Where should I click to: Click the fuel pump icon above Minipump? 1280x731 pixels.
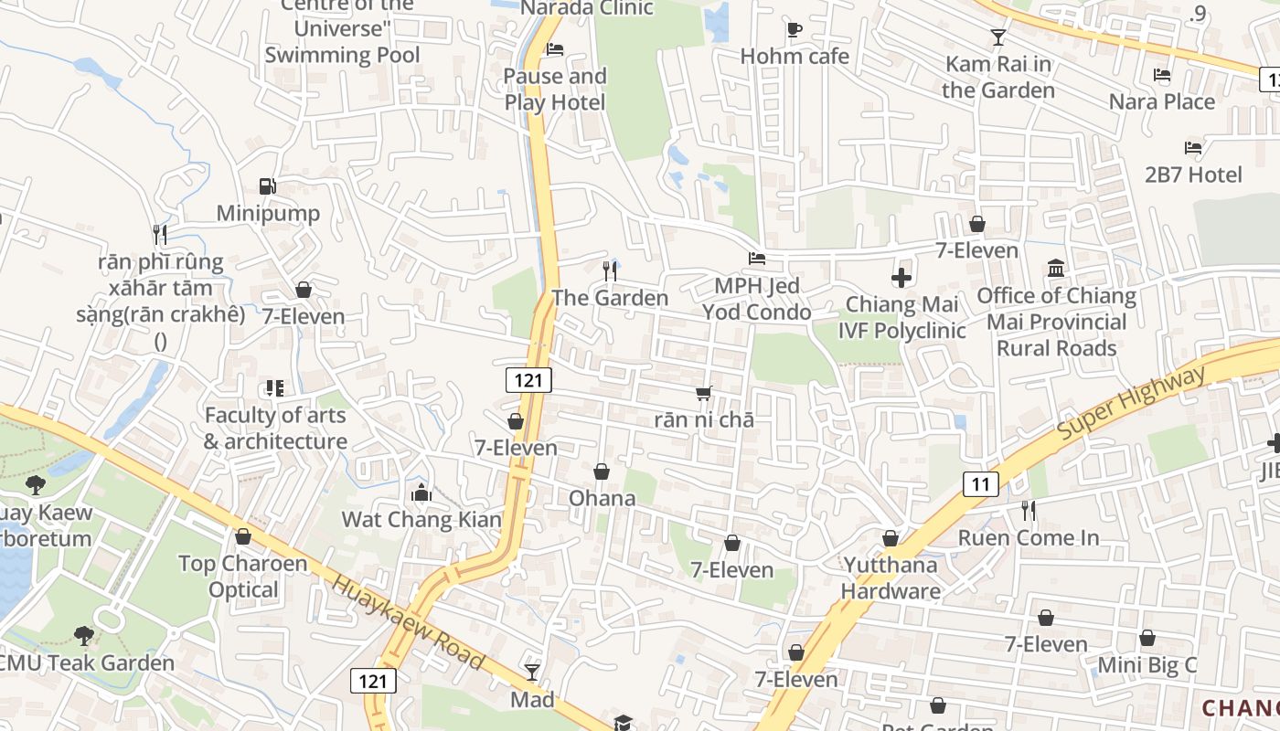tap(267, 186)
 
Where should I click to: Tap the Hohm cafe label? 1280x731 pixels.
tap(795, 57)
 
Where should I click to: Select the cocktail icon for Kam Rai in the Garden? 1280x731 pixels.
tap(997, 37)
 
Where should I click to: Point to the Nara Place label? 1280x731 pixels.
tap(1161, 101)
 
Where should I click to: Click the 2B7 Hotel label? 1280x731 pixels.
tap(1193, 175)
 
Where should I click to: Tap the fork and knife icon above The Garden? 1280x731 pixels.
tap(610, 270)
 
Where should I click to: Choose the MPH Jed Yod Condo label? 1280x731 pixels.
tap(756, 299)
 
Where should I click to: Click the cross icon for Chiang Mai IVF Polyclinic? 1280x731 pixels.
tap(901, 277)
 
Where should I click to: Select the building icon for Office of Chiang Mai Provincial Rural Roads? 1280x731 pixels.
tap(1056, 268)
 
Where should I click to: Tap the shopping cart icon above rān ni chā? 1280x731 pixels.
tap(703, 394)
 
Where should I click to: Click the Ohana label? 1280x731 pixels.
tap(602, 498)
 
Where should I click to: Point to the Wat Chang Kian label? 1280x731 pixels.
tap(421, 520)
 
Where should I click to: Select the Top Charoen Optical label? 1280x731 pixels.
tap(242, 577)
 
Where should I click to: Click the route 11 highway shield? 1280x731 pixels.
tap(980, 484)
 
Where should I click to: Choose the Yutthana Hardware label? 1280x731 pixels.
tap(891, 577)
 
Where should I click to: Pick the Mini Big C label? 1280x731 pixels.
tap(1147, 665)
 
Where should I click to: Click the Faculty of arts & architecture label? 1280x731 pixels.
tap(275, 429)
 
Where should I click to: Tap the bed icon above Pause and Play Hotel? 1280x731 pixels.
tap(555, 49)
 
